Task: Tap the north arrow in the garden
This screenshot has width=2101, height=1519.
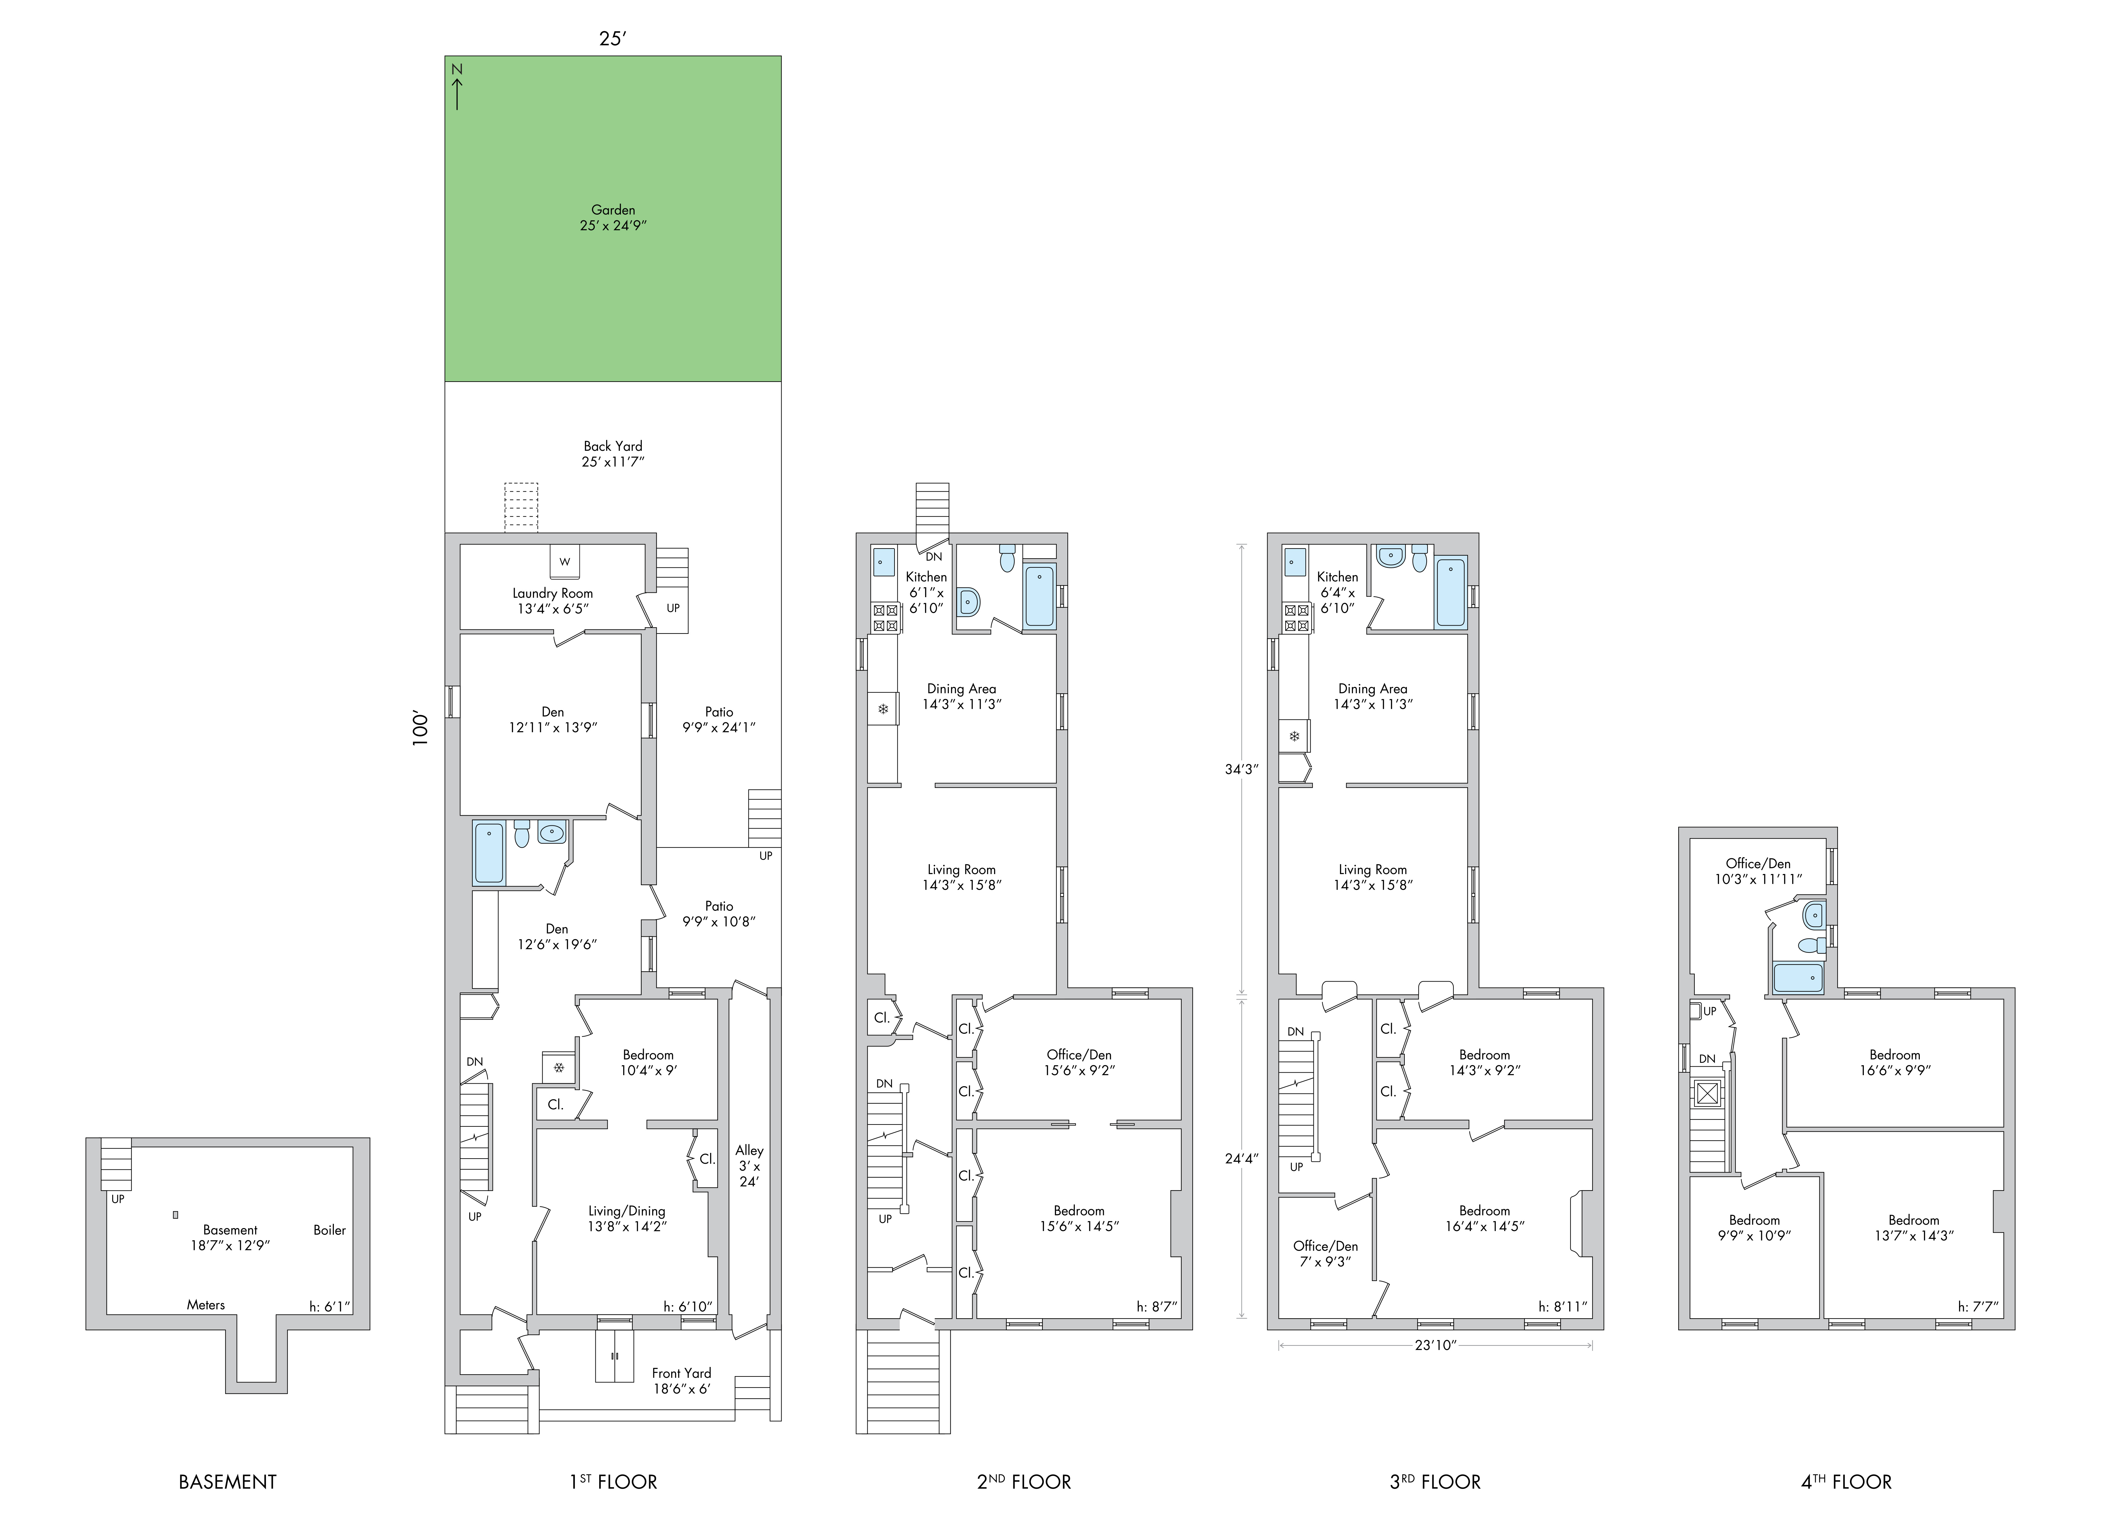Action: coord(457,86)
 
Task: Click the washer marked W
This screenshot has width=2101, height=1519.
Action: coord(564,561)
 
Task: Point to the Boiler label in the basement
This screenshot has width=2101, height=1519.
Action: coord(330,1230)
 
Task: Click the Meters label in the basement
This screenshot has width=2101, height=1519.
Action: coord(206,1305)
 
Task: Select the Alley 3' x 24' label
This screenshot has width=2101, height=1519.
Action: coord(749,1166)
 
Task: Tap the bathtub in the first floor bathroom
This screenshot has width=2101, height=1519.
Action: coord(489,852)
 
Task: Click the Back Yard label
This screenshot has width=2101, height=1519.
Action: coord(613,454)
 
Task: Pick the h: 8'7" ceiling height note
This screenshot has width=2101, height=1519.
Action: coord(1157,1307)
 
